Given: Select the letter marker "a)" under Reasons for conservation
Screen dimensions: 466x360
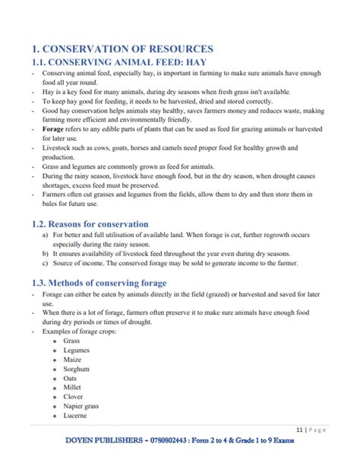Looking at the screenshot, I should point(45,236).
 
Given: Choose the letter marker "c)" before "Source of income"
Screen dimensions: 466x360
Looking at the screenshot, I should point(45,263).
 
